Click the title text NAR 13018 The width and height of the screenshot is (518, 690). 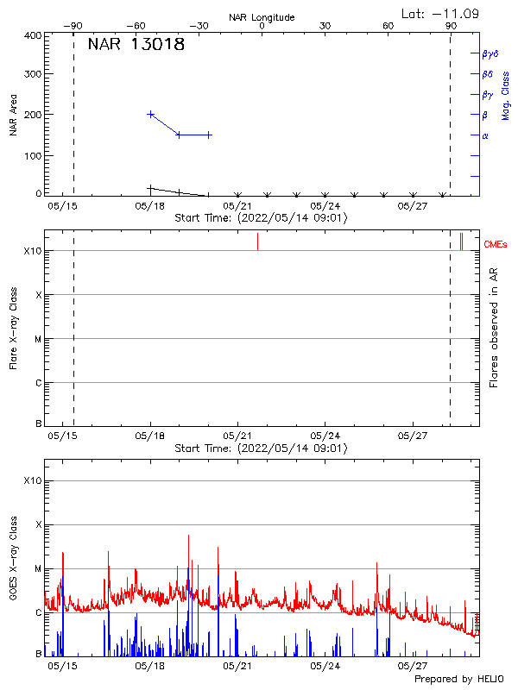pos(136,45)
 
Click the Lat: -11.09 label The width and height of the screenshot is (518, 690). pos(441,14)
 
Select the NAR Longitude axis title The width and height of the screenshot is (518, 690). pos(262,17)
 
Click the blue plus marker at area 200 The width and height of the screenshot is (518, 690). pos(151,114)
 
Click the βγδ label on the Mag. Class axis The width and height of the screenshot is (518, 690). pos(490,53)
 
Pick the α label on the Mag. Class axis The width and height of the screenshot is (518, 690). pos(485,135)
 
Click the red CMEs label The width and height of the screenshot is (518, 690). pos(497,245)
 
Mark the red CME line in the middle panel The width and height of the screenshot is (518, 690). pos(257,241)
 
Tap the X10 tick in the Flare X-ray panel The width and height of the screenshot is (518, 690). pos(32,251)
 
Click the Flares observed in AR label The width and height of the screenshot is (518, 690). pos(494,327)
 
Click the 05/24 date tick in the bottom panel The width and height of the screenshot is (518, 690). pos(325,666)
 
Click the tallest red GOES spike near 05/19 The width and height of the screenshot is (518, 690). pos(189,536)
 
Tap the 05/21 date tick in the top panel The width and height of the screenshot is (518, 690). pos(237,206)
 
